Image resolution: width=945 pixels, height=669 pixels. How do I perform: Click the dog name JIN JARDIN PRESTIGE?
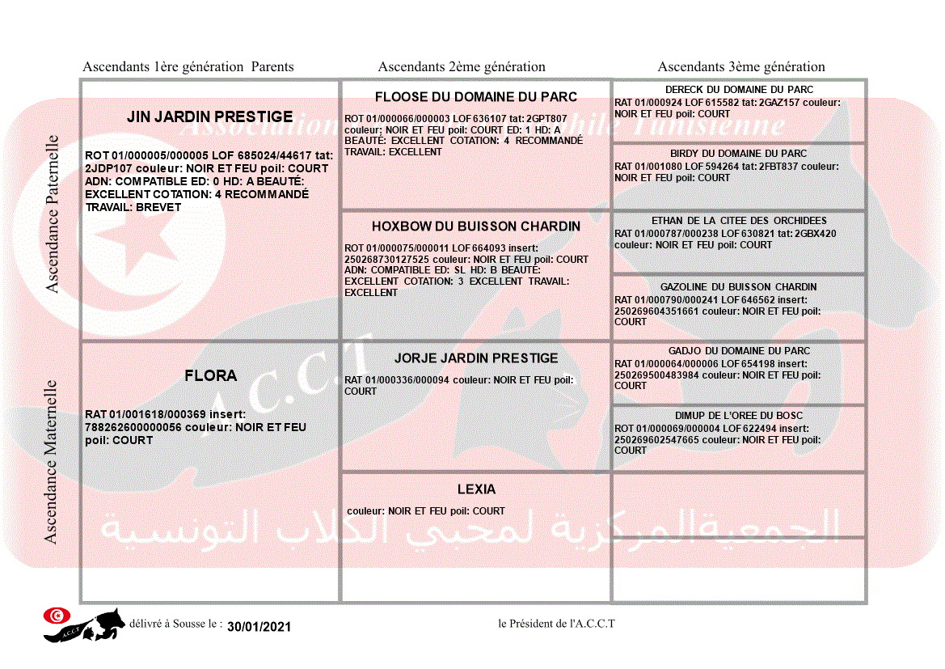[x=209, y=117]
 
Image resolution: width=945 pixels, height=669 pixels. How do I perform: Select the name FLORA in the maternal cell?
[x=210, y=376]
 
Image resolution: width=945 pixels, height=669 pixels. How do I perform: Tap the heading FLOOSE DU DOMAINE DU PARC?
[x=476, y=97]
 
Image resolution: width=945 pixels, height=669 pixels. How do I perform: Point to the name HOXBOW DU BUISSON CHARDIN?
[x=476, y=227]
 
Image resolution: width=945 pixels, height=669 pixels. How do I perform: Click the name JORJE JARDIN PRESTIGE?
[x=476, y=358]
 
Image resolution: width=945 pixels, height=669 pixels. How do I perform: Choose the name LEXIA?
[x=476, y=489]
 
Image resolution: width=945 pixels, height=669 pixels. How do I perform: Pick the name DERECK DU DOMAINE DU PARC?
[x=739, y=90]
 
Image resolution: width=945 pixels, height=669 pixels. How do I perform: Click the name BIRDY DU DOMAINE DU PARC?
[x=739, y=154]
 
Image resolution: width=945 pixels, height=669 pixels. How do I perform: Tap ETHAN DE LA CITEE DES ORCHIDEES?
[x=739, y=221]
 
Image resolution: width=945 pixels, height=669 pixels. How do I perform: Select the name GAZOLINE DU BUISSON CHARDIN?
[x=739, y=287]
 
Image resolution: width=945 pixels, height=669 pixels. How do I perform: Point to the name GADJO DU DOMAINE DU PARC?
[x=739, y=351]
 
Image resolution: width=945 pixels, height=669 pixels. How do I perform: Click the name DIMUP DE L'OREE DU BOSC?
[x=739, y=416]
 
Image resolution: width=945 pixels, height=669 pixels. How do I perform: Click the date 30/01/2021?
[x=259, y=627]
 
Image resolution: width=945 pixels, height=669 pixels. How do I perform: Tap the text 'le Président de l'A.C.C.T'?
[x=556, y=624]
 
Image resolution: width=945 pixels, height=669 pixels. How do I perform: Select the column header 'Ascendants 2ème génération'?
[x=462, y=67]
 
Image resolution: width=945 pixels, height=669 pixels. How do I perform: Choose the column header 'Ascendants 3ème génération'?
[x=741, y=67]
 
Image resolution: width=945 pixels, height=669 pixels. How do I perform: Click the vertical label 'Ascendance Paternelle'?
[x=53, y=214]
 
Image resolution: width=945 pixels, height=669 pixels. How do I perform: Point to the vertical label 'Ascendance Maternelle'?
[x=51, y=462]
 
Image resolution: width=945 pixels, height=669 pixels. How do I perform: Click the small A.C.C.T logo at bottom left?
[x=84, y=624]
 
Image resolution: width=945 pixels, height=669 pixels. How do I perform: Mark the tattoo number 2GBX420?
[x=815, y=234]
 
